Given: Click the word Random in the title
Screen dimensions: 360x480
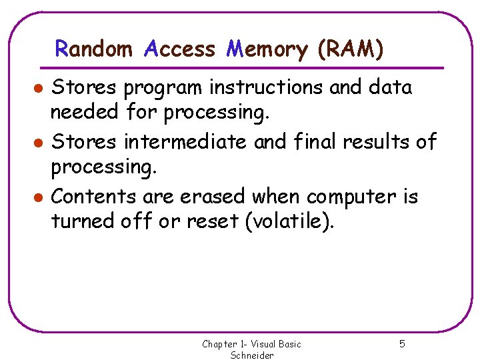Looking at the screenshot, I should [93, 49].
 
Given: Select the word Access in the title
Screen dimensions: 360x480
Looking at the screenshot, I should [179, 49].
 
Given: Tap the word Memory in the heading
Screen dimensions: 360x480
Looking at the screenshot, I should [267, 49].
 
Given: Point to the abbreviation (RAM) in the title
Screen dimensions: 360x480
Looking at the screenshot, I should [351, 49].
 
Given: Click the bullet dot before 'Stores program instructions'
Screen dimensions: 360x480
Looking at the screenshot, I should [40, 88].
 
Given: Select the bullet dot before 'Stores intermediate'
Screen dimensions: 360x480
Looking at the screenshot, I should [40, 143].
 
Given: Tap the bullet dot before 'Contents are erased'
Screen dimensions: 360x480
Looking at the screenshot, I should [40, 197].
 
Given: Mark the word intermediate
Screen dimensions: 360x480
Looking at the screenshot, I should [189, 142].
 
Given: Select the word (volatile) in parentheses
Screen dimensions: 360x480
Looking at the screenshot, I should [289, 221].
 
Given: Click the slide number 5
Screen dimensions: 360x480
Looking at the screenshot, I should [402, 344].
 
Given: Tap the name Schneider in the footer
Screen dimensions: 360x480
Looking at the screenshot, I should [252, 355].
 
